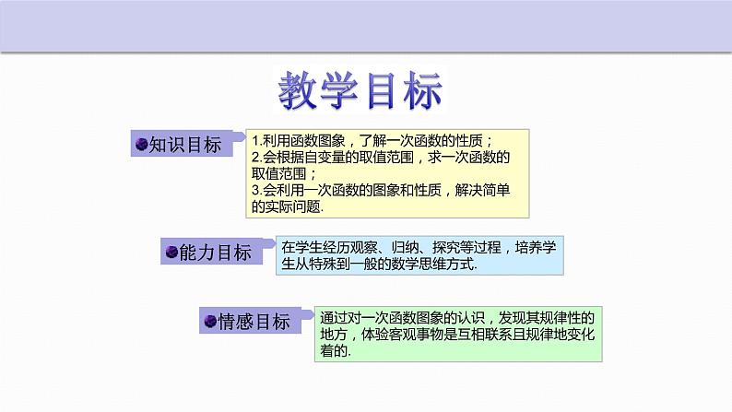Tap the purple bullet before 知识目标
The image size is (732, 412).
[142, 145]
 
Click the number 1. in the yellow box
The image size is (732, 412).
[256, 141]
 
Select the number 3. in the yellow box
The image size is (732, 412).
[256, 191]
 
